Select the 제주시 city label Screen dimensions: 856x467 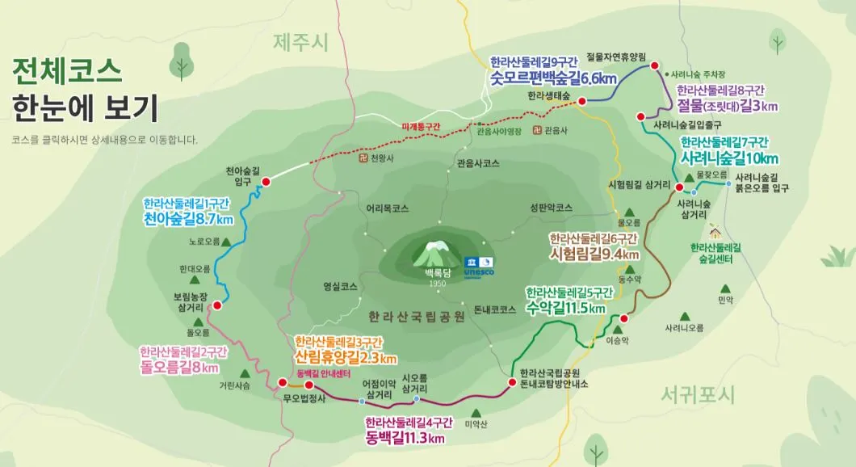300,42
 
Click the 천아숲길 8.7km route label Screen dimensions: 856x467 189,219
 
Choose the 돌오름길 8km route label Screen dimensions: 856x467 178,368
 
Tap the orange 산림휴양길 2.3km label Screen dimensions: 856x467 346,358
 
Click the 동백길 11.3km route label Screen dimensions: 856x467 405,439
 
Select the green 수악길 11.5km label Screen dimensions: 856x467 565,308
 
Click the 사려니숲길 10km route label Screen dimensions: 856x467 729,157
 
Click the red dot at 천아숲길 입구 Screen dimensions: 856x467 266,182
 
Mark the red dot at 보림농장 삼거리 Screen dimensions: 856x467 216,305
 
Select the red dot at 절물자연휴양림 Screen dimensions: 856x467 655,66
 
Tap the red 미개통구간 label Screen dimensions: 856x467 422,127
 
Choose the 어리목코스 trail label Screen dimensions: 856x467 387,208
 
